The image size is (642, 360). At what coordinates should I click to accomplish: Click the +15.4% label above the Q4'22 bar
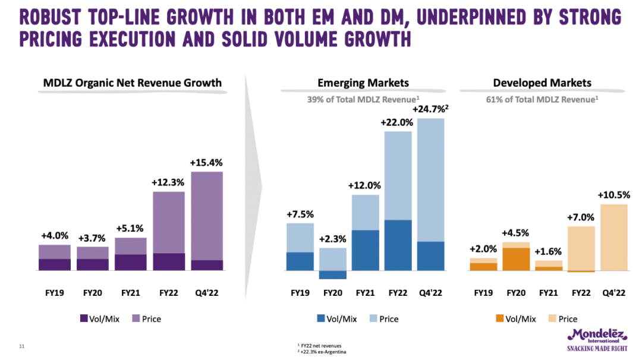point(206,162)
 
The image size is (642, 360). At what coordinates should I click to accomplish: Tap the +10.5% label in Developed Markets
point(614,195)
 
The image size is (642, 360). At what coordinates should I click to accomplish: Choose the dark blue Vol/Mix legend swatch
point(322,319)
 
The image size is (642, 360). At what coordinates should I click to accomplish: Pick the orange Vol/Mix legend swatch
point(499,319)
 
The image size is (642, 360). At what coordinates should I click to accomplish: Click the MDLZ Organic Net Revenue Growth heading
point(133,83)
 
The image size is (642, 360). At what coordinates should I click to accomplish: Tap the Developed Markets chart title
point(542,83)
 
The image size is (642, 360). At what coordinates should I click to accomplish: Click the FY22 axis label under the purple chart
point(169,293)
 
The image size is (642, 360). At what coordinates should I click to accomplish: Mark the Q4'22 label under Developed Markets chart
point(614,293)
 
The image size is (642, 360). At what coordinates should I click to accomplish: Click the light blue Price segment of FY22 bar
point(398,175)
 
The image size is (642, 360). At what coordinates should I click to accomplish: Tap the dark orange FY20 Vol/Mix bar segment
point(515,259)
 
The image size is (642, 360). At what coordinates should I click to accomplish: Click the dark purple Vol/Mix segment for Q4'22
point(206,265)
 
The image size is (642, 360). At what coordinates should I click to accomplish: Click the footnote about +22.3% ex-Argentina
point(322,352)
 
